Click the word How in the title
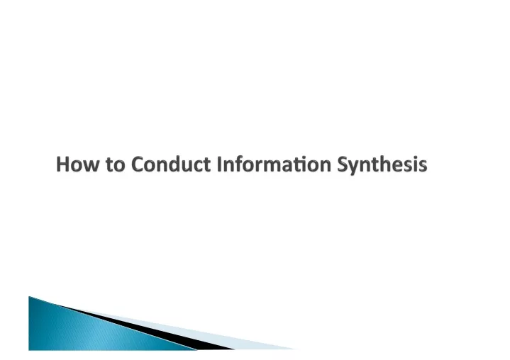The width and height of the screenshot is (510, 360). [x=77, y=164]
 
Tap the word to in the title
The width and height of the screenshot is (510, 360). [x=116, y=164]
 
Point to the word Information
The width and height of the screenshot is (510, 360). [x=274, y=164]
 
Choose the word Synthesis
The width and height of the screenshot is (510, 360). [x=382, y=165]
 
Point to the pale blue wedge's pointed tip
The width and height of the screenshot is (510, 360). [x=296, y=349]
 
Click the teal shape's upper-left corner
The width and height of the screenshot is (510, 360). [x=29, y=296]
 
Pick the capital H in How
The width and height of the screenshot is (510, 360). [x=62, y=164]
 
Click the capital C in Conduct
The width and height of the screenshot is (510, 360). [x=138, y=164]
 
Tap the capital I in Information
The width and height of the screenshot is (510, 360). [x=219, y=164]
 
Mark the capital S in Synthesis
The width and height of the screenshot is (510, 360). [x=343, y=164]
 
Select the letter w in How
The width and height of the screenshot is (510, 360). [x=92, y=166]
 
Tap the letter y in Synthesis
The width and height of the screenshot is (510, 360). [x=355, y=168]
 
